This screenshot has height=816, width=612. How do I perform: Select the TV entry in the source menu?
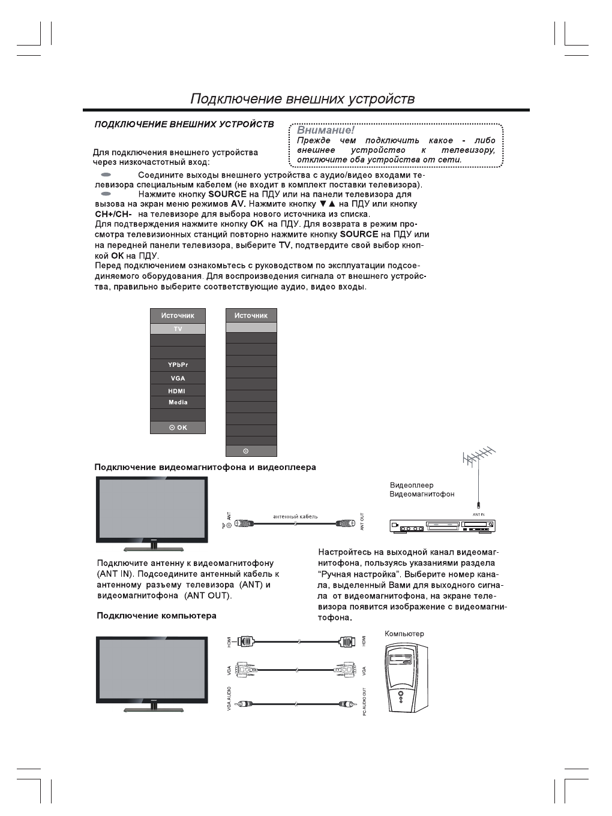click(x=178, y=329)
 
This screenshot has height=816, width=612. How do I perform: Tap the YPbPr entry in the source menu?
click(x=178, y=365)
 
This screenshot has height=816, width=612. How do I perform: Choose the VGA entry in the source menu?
click(x=178, y=378)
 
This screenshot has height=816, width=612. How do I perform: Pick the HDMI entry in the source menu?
click(x=177, y=391)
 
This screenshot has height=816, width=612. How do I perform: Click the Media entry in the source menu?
click(x=178, y=402)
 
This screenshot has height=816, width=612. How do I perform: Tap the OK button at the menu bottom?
click(x=178, y=427)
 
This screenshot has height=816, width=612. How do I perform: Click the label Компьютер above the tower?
click(x=404, y=634)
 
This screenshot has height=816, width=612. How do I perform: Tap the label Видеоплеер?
click(x=412, y=485)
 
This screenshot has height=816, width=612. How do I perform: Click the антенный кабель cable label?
click(x=295, y=516)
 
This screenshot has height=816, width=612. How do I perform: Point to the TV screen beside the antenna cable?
click(x=152, y=508)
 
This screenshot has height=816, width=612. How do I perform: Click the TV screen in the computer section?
click(x=152, y=669)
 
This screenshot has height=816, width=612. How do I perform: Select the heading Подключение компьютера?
click(x=157, y=616)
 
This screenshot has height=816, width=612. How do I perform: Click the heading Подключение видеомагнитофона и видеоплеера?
click(x=205, y=467)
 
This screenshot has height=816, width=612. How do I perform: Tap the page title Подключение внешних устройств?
click(x=302, y=99)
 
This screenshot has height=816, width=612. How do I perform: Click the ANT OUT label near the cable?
click(x=362, y=522)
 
